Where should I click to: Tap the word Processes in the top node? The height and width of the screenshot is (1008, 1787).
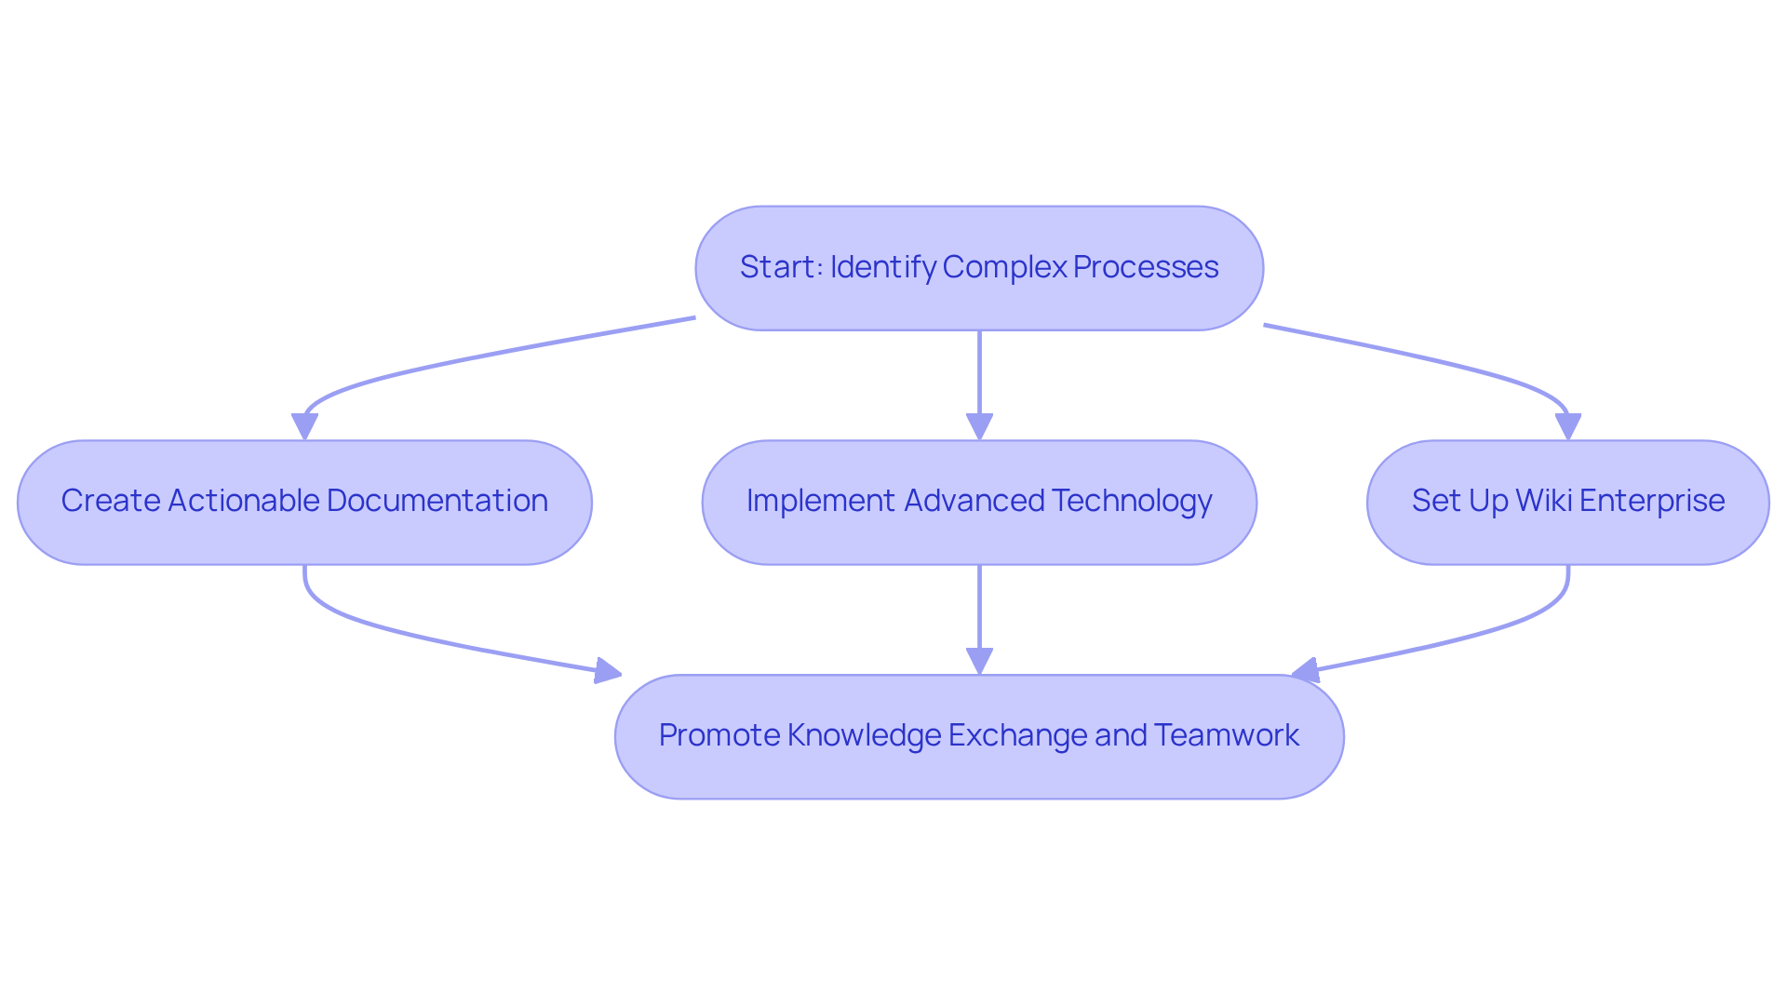coord(1146,267)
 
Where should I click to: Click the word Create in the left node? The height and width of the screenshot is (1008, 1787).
coord(111,501)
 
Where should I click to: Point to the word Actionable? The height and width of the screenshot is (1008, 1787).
coord(243,501)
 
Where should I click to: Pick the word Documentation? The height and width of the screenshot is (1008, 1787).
coord(437,501)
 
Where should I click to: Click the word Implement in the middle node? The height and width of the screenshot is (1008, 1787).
coord(821,501)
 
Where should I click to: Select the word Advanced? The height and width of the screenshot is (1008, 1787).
coord(974,501)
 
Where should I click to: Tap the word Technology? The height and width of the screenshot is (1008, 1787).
coord(1133,501)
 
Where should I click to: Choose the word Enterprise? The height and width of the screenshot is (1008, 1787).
coord(1652,501)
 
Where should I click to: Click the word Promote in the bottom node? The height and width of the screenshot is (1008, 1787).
coord(719,735)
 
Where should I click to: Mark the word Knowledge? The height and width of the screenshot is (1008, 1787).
coord(864,735)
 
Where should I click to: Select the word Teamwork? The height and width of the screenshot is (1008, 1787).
coord(1227,735)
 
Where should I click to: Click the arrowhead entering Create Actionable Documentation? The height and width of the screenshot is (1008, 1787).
coord(304,426)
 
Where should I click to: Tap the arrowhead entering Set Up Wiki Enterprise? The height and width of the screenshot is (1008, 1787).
coord(1568,426)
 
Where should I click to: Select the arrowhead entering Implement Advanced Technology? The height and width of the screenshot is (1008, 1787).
coord(979,426)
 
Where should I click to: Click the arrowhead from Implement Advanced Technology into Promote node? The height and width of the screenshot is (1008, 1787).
coord(979,661)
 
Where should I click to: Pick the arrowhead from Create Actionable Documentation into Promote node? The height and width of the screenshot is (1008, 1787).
coord(608,670)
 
